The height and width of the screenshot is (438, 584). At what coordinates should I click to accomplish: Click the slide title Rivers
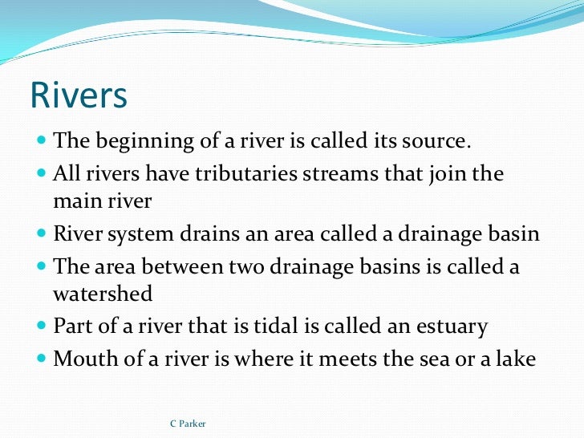point(79,96)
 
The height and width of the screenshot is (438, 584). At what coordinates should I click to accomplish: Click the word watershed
point(102,295)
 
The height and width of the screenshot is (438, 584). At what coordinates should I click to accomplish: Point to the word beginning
point(141,142)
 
